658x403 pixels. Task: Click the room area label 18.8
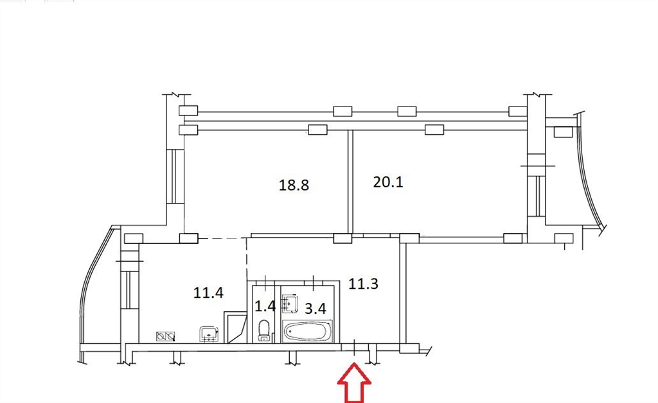294,185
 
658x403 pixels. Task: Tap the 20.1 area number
388,182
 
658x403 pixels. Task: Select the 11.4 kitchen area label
208,293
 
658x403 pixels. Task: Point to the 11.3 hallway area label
364,284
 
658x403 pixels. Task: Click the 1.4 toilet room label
265,306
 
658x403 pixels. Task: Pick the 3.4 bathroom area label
315,309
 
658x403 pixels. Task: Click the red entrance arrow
355,383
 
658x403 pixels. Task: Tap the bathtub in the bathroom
308,331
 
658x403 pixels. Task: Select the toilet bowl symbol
264,330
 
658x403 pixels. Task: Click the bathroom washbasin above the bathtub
290,304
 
